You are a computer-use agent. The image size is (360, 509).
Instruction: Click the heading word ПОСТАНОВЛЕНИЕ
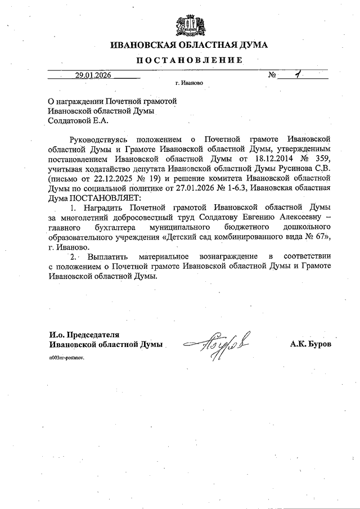coord(190,60)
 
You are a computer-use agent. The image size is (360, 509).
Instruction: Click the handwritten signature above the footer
coord(220,341)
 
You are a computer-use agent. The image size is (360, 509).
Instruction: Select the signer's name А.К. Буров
coord(310,344)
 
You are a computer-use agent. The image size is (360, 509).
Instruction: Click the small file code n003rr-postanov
coord(67,358)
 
